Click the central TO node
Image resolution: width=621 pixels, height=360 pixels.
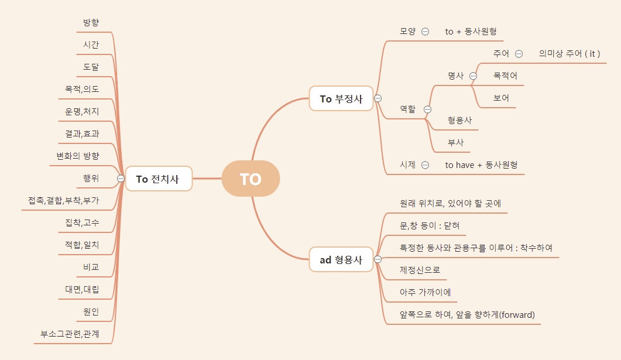click(x=251, y=179)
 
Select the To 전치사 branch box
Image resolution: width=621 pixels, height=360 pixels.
click(x=159, y=179)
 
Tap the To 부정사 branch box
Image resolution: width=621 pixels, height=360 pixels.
click(x=341, y=98)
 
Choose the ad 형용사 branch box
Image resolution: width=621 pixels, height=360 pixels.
click(x=341, y=259)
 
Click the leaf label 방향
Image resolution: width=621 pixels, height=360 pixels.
click(x=91, y=22)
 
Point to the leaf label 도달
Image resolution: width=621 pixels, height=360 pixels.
click(x=91, y=67)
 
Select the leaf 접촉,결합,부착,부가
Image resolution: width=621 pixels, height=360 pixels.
click(x=64, y=200)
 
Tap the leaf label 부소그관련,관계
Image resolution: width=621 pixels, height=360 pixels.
click(x=70, y=334)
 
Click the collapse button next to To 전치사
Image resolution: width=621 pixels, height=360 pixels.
click(x=121, y=179)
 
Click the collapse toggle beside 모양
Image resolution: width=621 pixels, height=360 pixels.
click(x=425, y=32)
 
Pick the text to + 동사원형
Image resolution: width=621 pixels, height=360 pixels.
click(x=471, y=32)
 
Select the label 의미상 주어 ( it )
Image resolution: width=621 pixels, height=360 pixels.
click(x=569, y=54)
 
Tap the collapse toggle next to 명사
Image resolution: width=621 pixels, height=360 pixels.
click(x=473, y=76)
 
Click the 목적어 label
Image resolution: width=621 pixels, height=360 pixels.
click(x=505, y=76)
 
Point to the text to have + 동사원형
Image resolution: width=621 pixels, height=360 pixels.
click(x=481, y=165)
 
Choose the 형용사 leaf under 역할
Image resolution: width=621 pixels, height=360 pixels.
click(x=459, y=121)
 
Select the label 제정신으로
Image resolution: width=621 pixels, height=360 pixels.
click(x=420, y=270)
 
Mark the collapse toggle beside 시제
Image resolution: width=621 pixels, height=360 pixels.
click(x=425, y=165)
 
